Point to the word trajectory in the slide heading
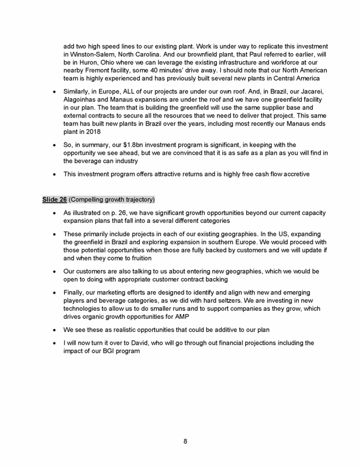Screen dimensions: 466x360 coord(138,200)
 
